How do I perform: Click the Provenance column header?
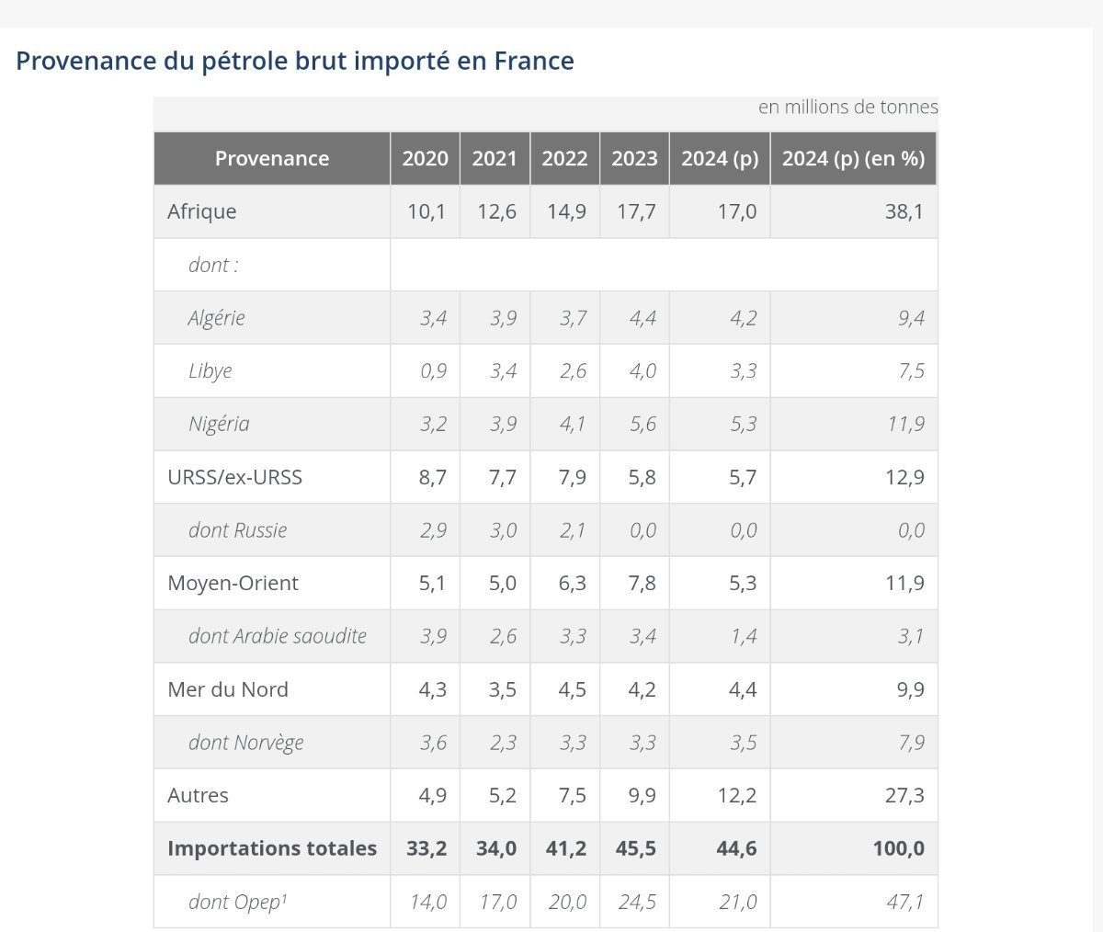point(271,158)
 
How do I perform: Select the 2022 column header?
point(564,158)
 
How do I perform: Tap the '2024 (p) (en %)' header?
point(853,158)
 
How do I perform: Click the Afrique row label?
point(202,211)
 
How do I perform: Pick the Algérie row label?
point(217,318)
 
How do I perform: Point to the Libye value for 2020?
point(433,371)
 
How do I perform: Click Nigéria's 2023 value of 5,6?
point(642,424)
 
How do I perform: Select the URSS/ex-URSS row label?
point(234,477)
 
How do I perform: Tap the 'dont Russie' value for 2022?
point(572,530)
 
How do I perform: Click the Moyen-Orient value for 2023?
point(642,583)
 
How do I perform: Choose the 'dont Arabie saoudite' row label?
point(278,636)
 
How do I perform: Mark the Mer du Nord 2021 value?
point(502,689)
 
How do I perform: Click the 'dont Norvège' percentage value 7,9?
point(911,743)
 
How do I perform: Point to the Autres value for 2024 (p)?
point(736,795)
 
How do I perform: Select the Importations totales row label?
point(272,848)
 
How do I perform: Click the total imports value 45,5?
point(636,848)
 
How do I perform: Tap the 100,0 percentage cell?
point(898,848)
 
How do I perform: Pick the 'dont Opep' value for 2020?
point(428,902)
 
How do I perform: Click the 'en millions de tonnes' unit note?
point(847,107)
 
